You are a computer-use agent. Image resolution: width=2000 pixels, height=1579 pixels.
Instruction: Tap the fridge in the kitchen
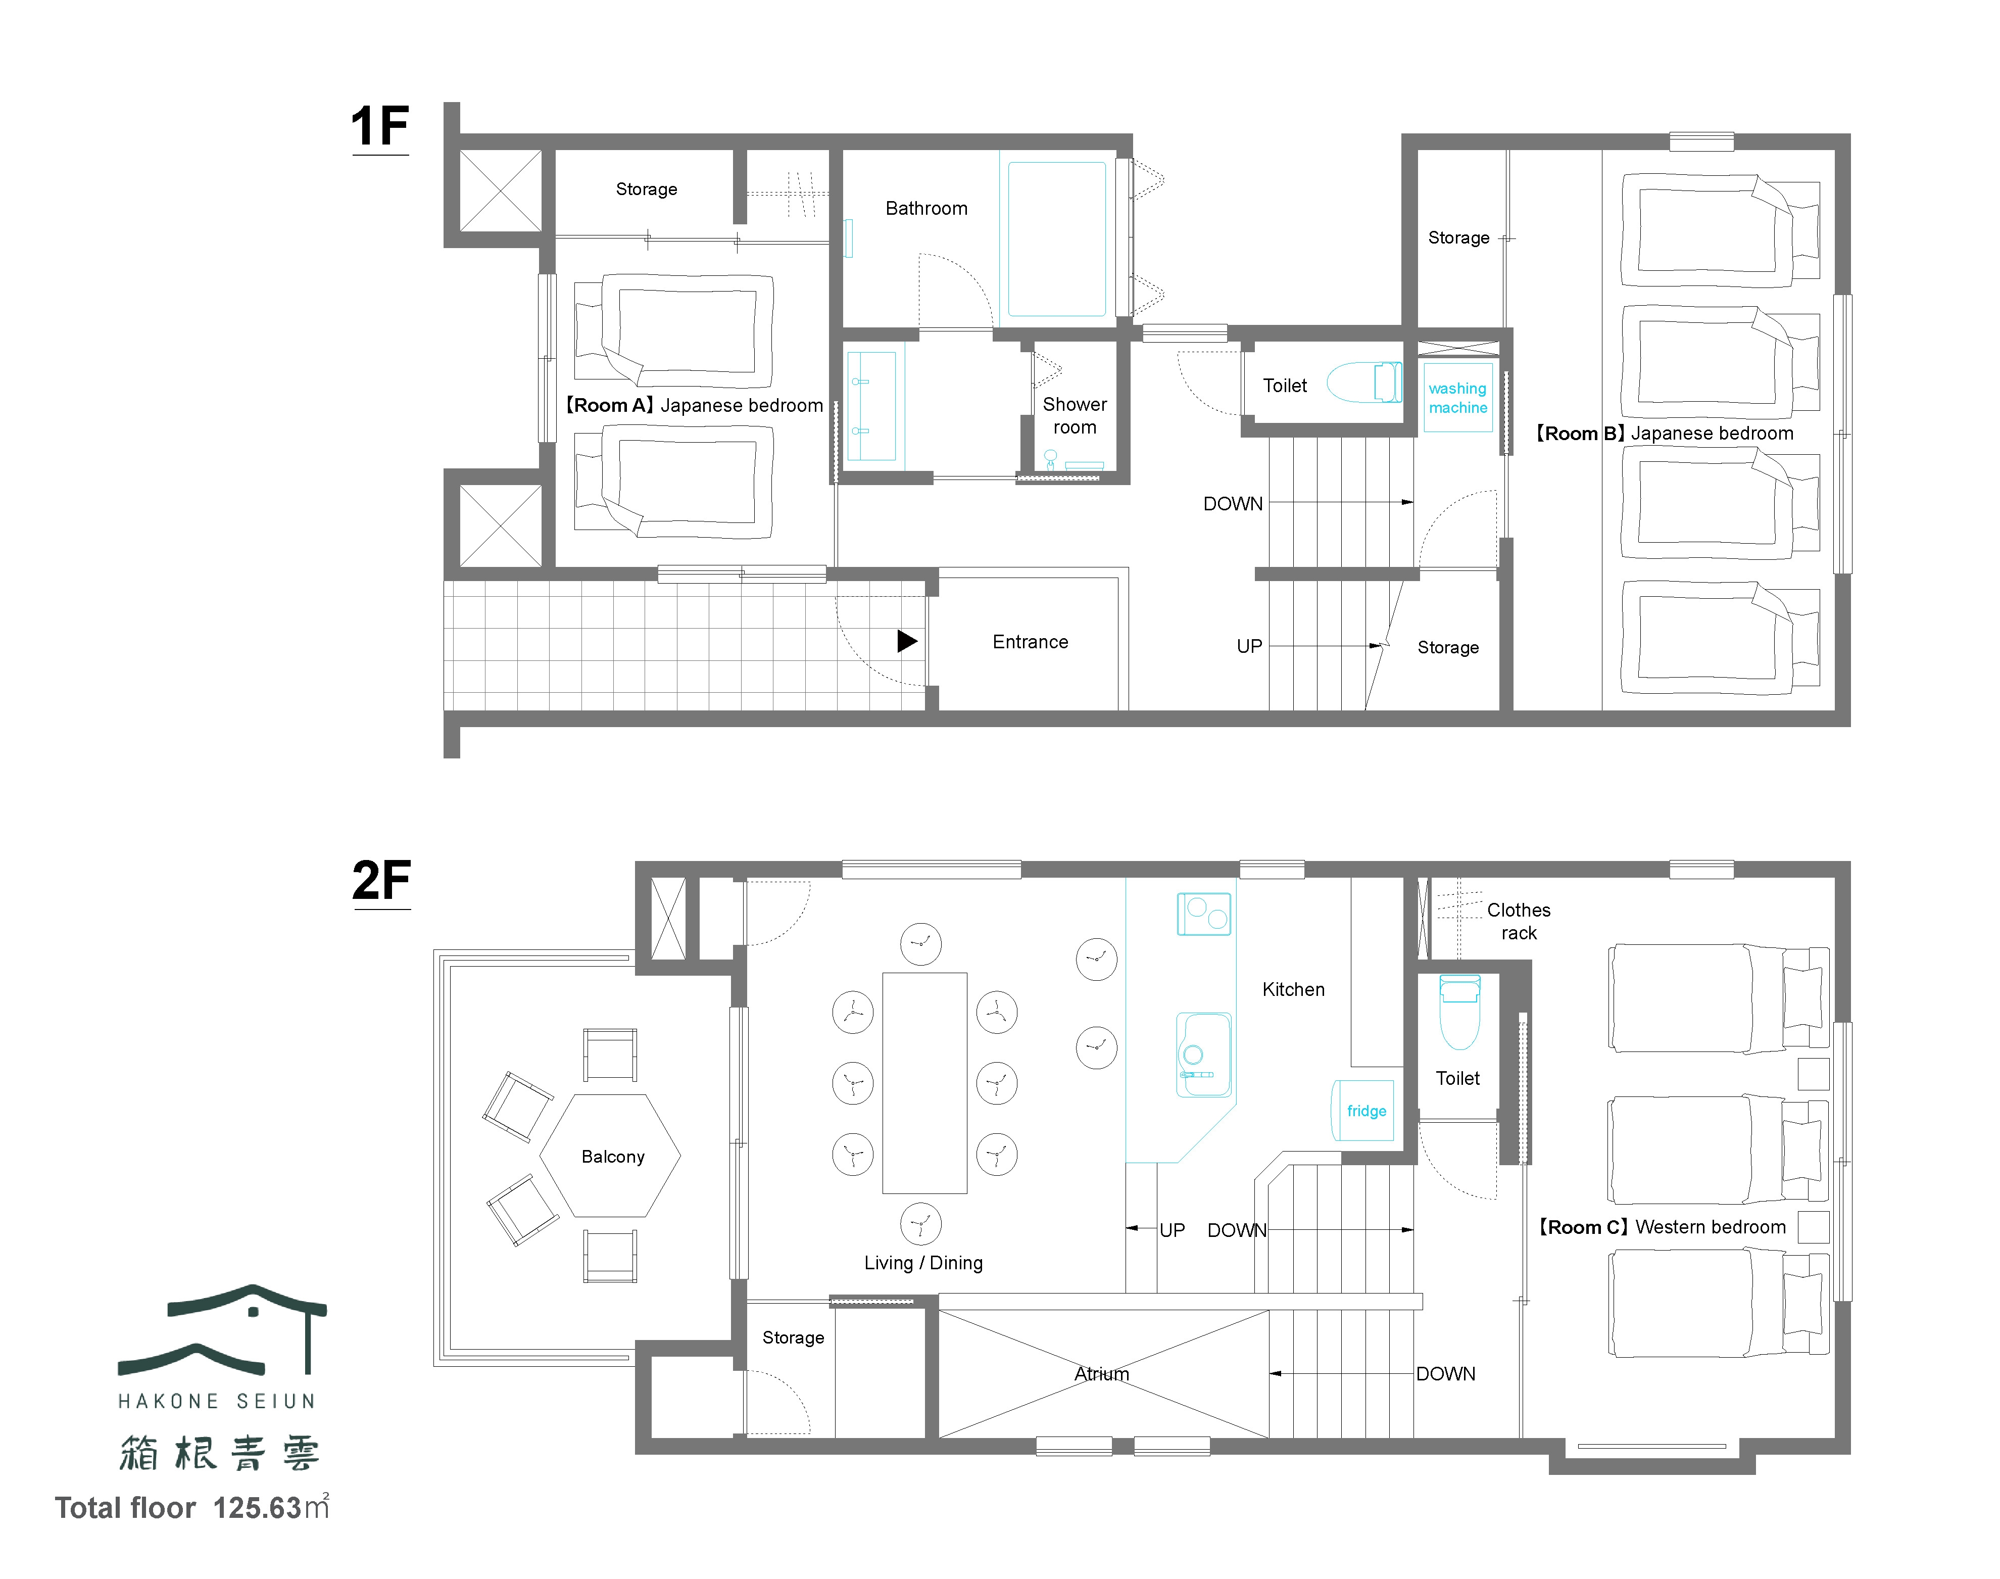click(1364, 1110)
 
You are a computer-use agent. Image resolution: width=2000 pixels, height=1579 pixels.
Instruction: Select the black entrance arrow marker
click(907, 641)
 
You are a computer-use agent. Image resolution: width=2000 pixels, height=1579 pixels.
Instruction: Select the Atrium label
click(1102, 1374)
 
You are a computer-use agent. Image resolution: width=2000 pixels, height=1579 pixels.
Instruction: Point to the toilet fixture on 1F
click(1364, 382)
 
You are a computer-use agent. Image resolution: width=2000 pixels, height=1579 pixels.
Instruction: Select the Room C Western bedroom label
click(1662, 1227)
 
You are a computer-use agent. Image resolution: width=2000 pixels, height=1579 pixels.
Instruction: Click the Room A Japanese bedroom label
click(693, 405)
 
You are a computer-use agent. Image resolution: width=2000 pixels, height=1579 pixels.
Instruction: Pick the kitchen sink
click(1203, 1055)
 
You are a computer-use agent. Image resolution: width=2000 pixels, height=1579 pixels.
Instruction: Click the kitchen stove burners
click(1203, 914)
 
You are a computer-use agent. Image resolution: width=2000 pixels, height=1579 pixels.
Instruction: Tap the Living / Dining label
click(923, 1263)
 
